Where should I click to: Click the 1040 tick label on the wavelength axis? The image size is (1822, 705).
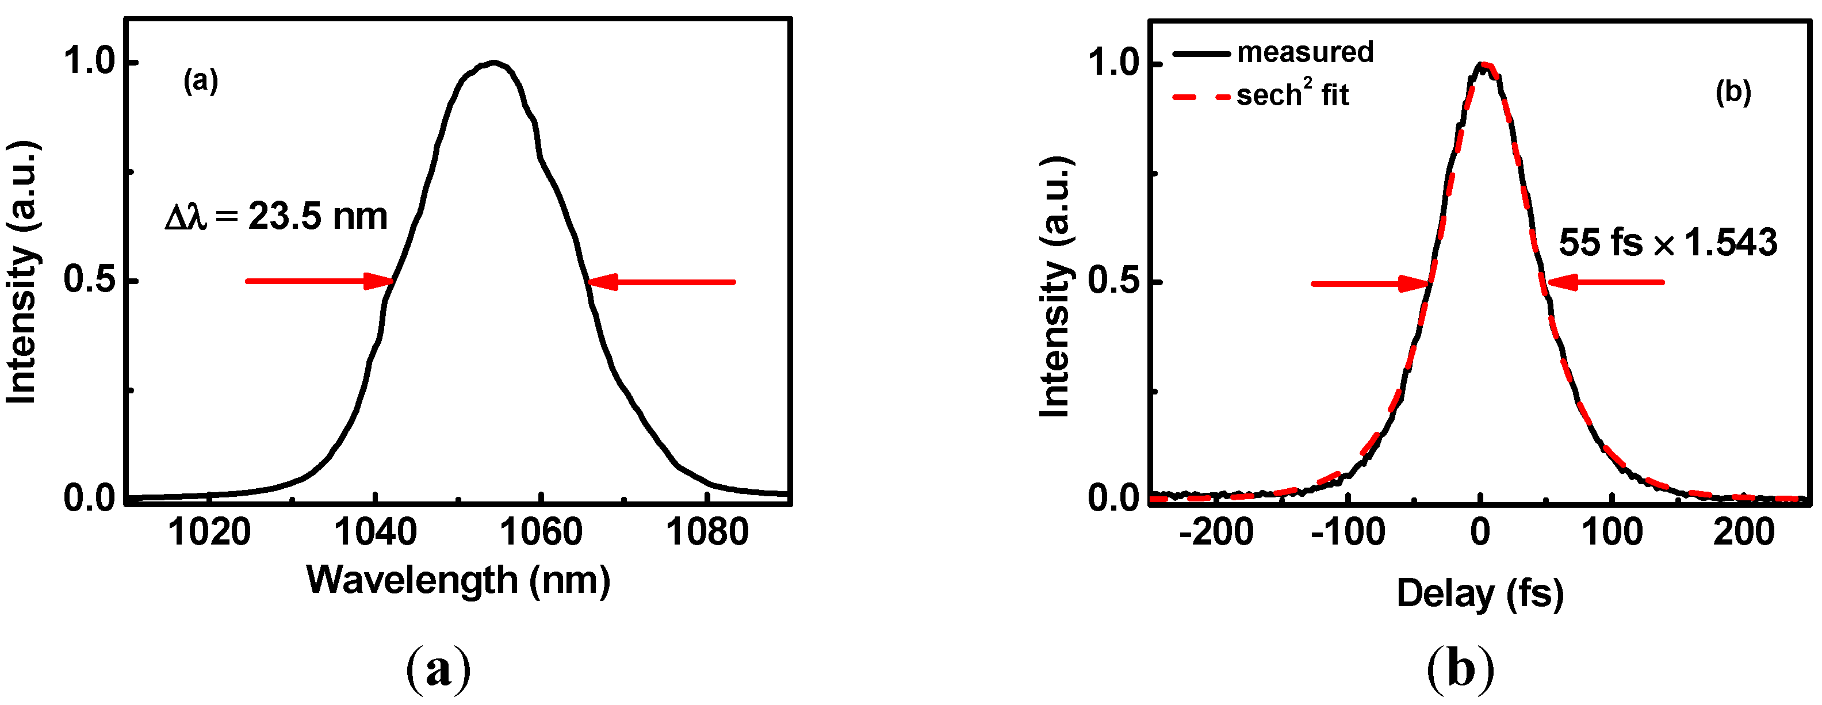(375, 532)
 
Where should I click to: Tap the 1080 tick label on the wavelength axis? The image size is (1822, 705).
(707, 532)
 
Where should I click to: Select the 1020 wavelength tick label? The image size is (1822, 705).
(209, 532)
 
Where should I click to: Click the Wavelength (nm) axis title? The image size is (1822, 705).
(458, 581)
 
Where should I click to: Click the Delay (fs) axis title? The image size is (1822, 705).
(1480, 593)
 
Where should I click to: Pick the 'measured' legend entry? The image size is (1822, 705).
(1305, 52)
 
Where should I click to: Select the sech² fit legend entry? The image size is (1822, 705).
(1292, 95)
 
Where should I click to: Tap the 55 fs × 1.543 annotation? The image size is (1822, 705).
(1668, 243)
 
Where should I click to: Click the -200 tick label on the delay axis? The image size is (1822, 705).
(1216, 532)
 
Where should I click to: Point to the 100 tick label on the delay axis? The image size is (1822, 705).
(1612, 532)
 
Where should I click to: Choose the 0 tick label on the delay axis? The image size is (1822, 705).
(1480, 532)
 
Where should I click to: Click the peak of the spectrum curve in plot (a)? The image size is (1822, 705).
(493, 63)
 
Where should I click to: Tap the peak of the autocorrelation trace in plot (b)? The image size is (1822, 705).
(1483, 64)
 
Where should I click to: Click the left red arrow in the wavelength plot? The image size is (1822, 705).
(318, 281)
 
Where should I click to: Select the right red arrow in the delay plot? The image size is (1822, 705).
(1606, 283)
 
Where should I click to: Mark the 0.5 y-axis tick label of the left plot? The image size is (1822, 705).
(89, 280)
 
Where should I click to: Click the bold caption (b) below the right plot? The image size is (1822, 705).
(1461, 668)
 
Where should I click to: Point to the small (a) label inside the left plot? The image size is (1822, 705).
(201, 82)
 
